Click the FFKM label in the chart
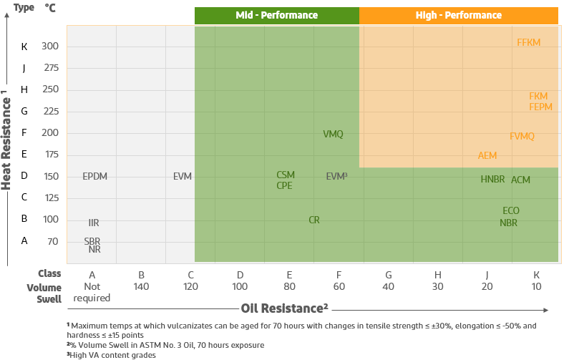click(x=528, y=42)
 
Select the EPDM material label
click(x=94, y=176)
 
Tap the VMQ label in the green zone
click(x=333, y=134)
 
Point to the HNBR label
click(x=492, y=179)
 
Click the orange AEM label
click(x=487, y=155)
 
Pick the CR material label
click(x=314, y=220)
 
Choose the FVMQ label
click(x=522, y=136)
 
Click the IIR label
click(x=94, y=223)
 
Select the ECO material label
click(x=510, y=210)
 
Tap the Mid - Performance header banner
click(x=276, y=15)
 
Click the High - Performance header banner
click(x=458, y=15)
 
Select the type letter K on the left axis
click(x=24, y=47)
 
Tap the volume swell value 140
click(x=142, y=286)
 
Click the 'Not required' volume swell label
click(x=92, y=292)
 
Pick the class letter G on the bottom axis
click(x=388, y=274)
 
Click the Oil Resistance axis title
click(x=284, y=308)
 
